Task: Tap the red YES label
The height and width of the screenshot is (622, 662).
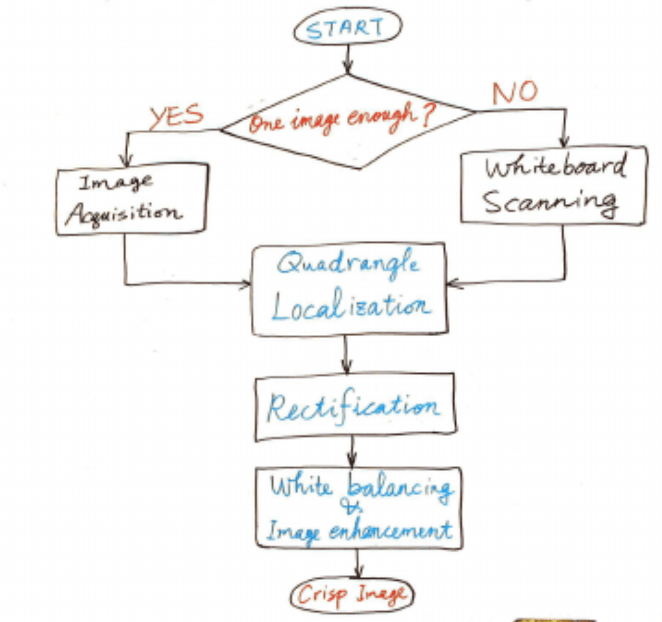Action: (177, 115)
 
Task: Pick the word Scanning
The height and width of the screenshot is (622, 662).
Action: (550, 202)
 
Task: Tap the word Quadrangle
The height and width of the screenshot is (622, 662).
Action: (348, 264)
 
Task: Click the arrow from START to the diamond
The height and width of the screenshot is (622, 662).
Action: (348, 59)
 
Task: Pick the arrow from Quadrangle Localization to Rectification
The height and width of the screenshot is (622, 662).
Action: (346, 356)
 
